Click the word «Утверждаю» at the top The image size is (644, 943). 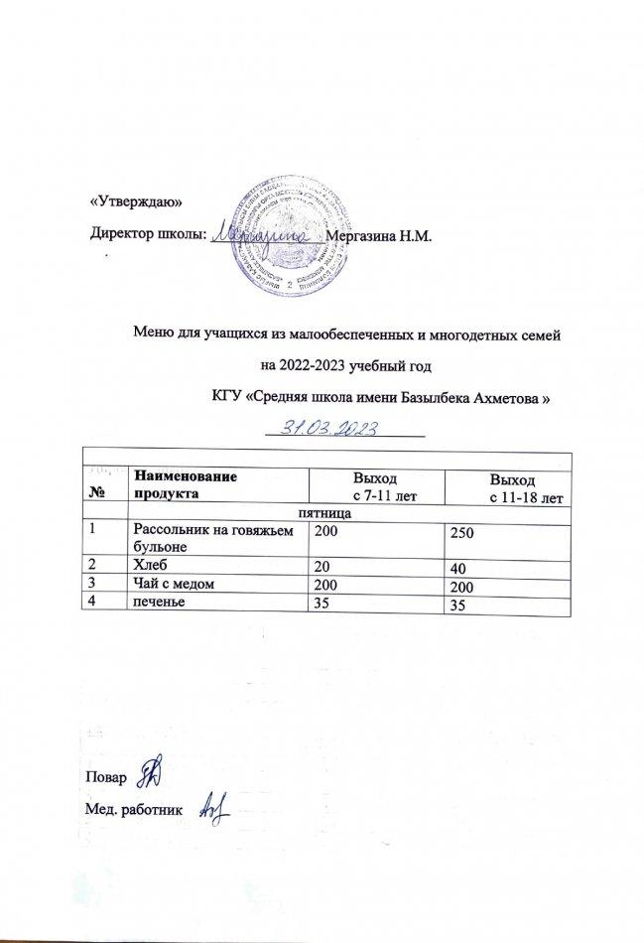[x=134, y=200]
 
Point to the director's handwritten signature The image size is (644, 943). [x=265, y=235]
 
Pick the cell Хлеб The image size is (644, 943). [x=148, y=565]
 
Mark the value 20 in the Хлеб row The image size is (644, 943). [x=322, y=565]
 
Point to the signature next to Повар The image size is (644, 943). [x=152, y=769]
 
